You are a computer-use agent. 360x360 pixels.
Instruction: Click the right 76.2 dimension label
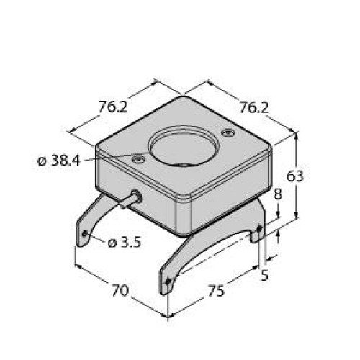(x=253, y=108)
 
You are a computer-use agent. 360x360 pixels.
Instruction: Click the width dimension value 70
(x=120, y=292)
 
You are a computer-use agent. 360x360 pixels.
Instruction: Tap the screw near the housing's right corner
(x=228, y=132)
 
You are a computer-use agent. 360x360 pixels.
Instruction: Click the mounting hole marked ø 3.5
(x=86, y=234)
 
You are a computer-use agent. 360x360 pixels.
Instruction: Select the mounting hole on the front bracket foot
(x=168, y=282)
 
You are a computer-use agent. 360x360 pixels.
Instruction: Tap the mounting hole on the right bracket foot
(x=258, y=232)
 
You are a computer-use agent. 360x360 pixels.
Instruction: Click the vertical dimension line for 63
(x=297, y=176)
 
